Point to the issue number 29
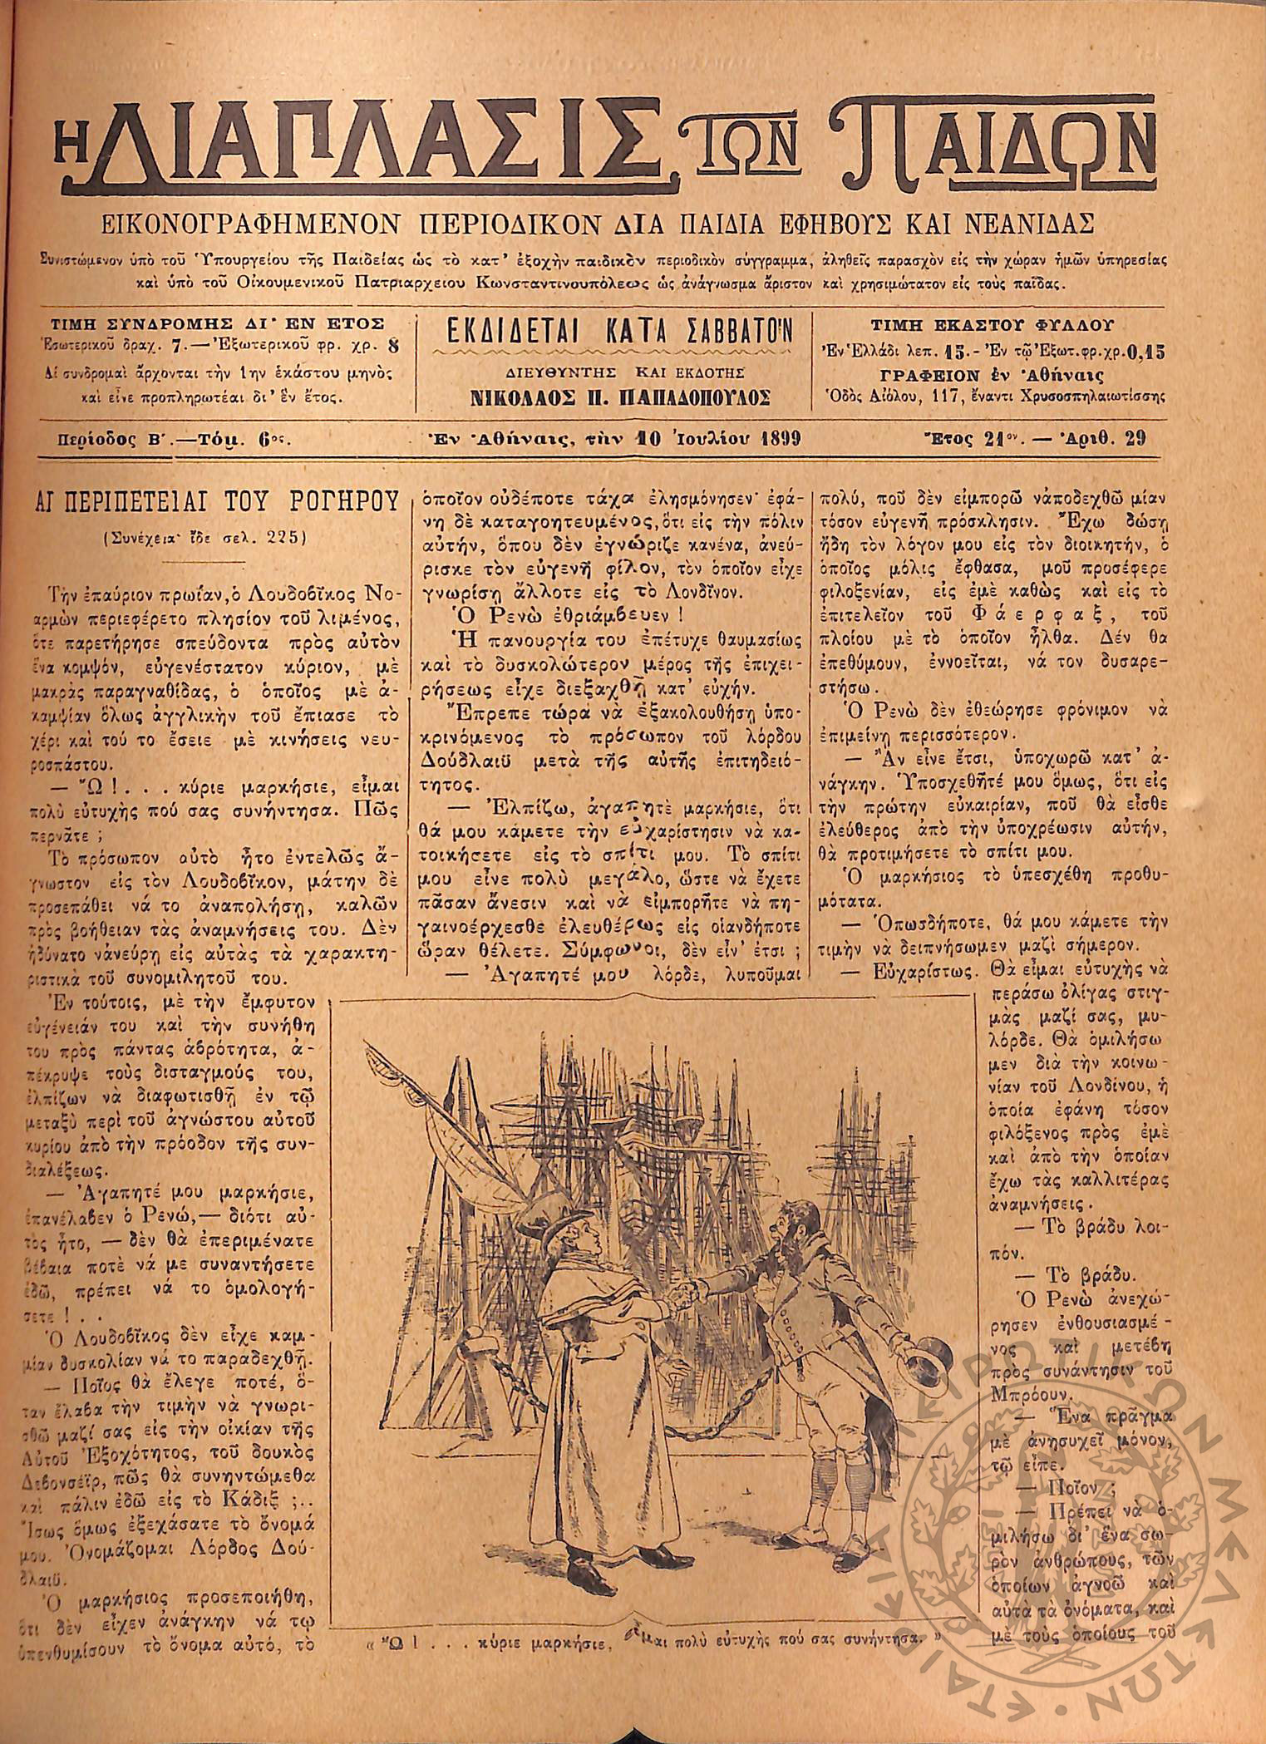click(x=1134, y=438)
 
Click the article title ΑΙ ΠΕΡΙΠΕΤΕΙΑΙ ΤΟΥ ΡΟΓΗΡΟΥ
click(x=215, y=504)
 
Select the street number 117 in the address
click(x=929, y=397)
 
